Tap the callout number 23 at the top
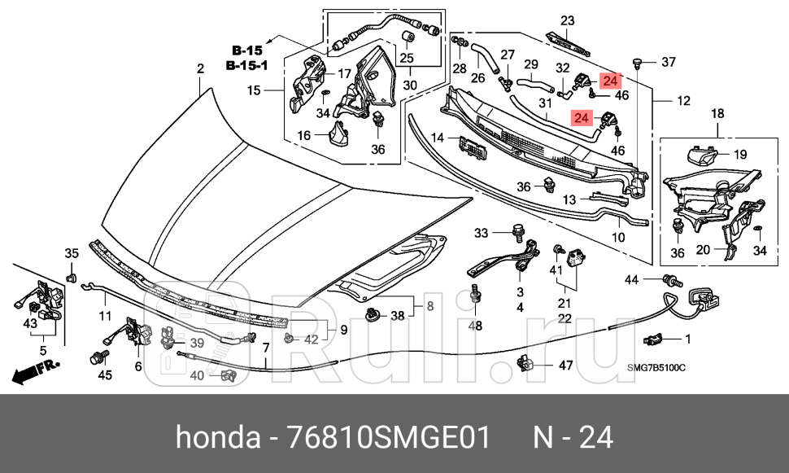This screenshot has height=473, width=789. coord(567,21)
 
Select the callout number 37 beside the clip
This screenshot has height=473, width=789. coord(668,63)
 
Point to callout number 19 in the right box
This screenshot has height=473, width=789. coord(739,154)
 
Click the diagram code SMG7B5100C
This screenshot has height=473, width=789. coord(656,369)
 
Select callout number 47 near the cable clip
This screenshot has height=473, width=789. coord(566,366)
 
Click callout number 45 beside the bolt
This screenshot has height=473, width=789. coord(104,375)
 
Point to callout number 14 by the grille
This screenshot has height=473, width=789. coord(438,138)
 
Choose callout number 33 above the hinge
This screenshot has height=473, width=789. coord(481,234)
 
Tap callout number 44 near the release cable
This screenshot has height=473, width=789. coord(632,280)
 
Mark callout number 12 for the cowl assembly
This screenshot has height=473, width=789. coord(682,101)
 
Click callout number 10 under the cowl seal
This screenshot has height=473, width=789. coord(618,239)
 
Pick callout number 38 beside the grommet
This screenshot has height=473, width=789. coord(397,316)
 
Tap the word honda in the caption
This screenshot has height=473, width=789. coord(215,438)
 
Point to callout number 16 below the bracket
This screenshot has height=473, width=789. coord(303,135)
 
